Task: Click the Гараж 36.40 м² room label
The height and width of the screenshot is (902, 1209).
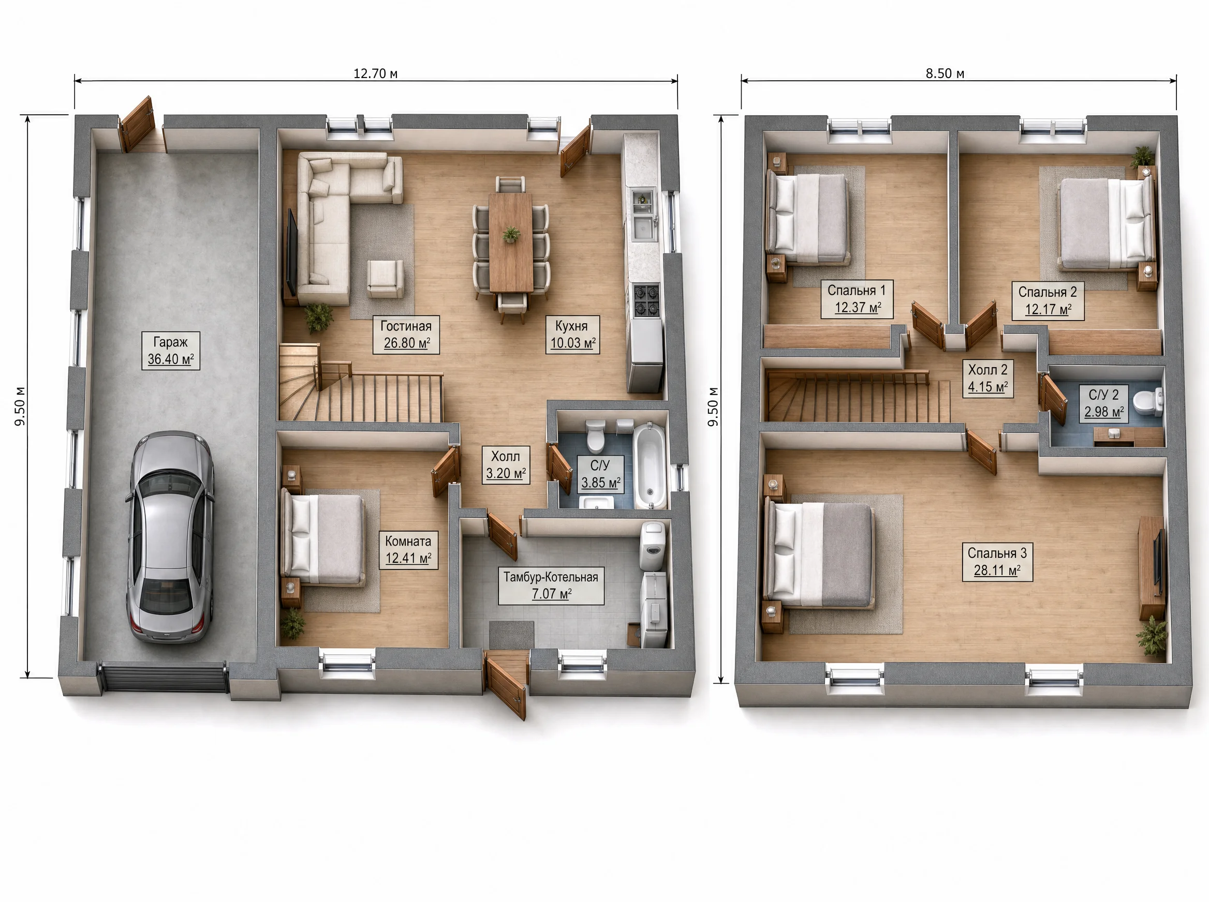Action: pyautogui.click(x=170, y=351)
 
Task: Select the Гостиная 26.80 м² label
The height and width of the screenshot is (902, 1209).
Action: pyautogui.click(x=406, y=335)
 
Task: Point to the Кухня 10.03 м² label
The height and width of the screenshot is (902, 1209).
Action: pyautogui.click(x=572, y=335)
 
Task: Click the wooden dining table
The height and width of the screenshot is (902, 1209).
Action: pyautogui.click(x=511, y=243)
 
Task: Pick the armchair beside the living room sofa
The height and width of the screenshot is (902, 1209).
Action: pyautogui.click(x=386, y=278)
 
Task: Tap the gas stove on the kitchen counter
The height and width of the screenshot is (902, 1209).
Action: pyautogui.click(x=646, y=300)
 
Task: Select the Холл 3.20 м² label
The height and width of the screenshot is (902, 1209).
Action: pyautogui.click(x=505, y=464)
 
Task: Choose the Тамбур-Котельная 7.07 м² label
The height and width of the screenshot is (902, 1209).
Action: pyautogui.click(x=551, y=585)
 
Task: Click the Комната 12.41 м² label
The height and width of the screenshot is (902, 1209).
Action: pyautogui.click(x=409, y=550)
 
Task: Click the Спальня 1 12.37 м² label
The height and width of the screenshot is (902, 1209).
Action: pyautogui.click(x=857, y=299)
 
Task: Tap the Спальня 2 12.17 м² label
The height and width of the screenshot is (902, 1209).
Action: pyautogui.click(x=1048, y=301)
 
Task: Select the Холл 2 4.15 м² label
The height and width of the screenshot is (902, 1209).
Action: pyautogui.click(x=987, y=379)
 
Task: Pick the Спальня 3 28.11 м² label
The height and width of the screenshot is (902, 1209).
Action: pyautogui.click(x=997, y=562)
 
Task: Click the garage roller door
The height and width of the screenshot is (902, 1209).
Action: pyautogui.click(x=164, y=677)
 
